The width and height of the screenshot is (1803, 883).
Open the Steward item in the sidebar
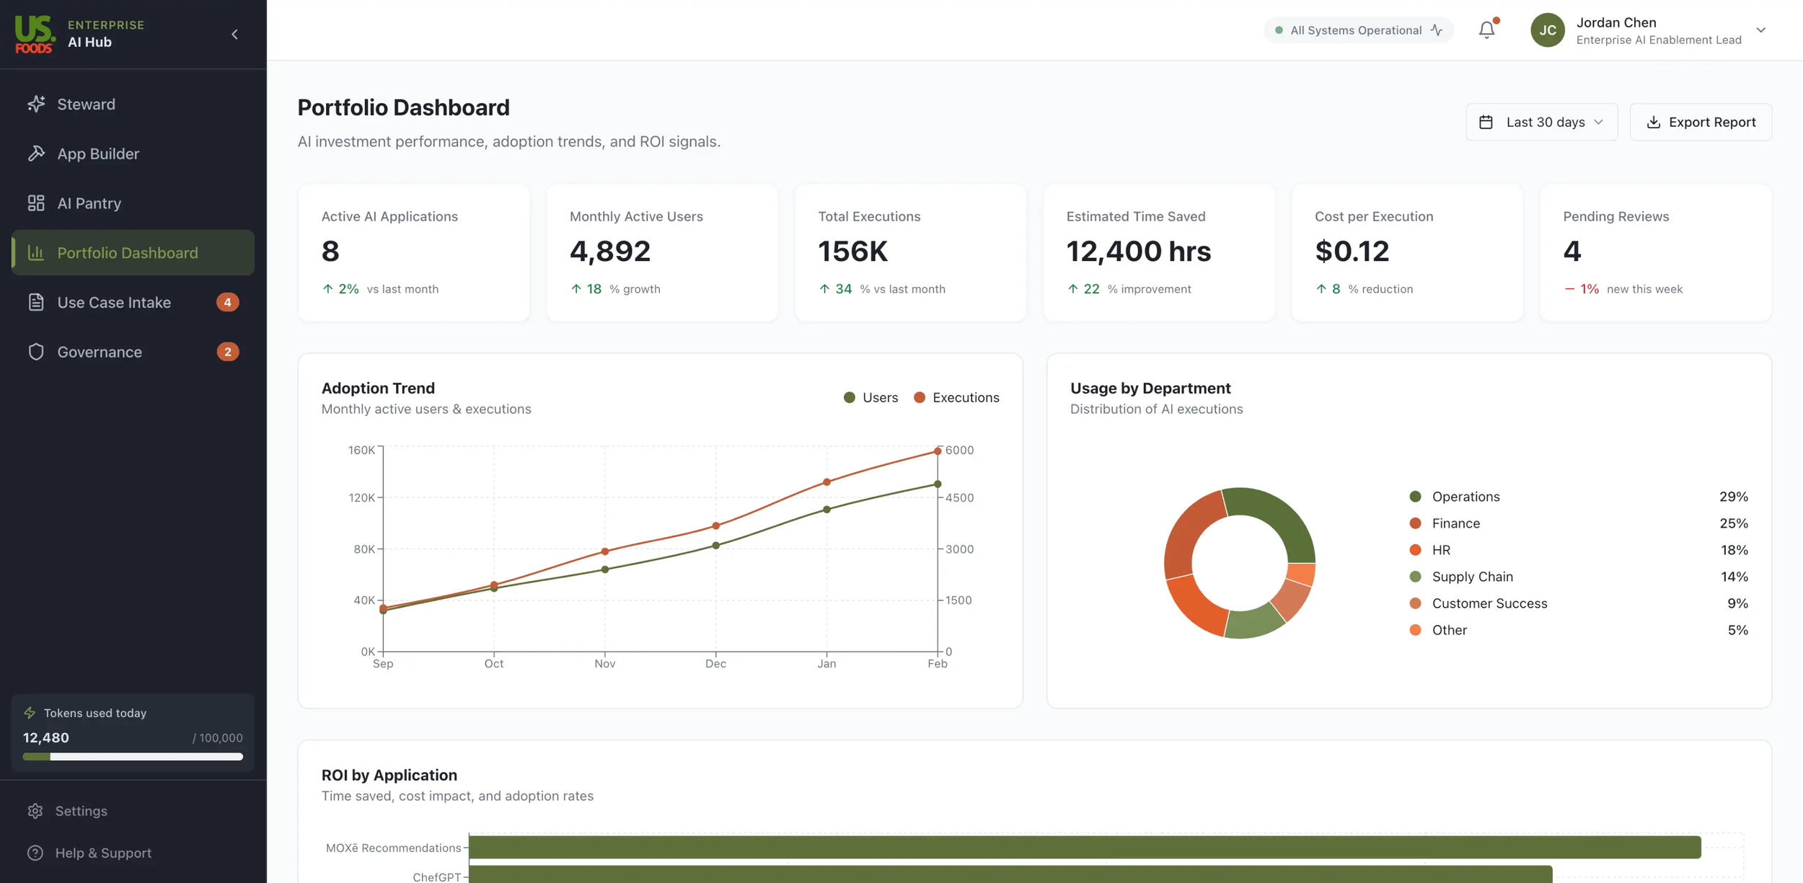tap(86, 104)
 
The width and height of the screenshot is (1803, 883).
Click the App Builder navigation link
tap(98, 154)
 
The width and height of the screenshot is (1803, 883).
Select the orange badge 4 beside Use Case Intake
tap(227, 302)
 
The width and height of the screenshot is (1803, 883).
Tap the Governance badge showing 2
tap(227, 352)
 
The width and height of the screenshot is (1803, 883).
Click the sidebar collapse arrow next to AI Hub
tap(234, 34)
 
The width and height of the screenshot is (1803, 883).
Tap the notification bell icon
tap(1486, 30)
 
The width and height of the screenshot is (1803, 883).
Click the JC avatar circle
tap(1547, 30)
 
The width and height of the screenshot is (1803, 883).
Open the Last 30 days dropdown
tap(1541, 122)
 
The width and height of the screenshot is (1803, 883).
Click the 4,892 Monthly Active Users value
tap(609, 251)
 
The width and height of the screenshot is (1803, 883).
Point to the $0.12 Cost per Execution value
tap(1352, 251)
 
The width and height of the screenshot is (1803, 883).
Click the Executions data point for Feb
tap(938, 451)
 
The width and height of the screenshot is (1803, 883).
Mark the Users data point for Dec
tap(715, 546)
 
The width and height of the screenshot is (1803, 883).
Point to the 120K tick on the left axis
tap(361, 497)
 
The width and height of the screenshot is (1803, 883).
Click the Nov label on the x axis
tap(604, 663)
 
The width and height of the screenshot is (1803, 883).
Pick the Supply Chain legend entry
tap(1472, 577)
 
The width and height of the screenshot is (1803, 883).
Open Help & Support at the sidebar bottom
tap(103, 853)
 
